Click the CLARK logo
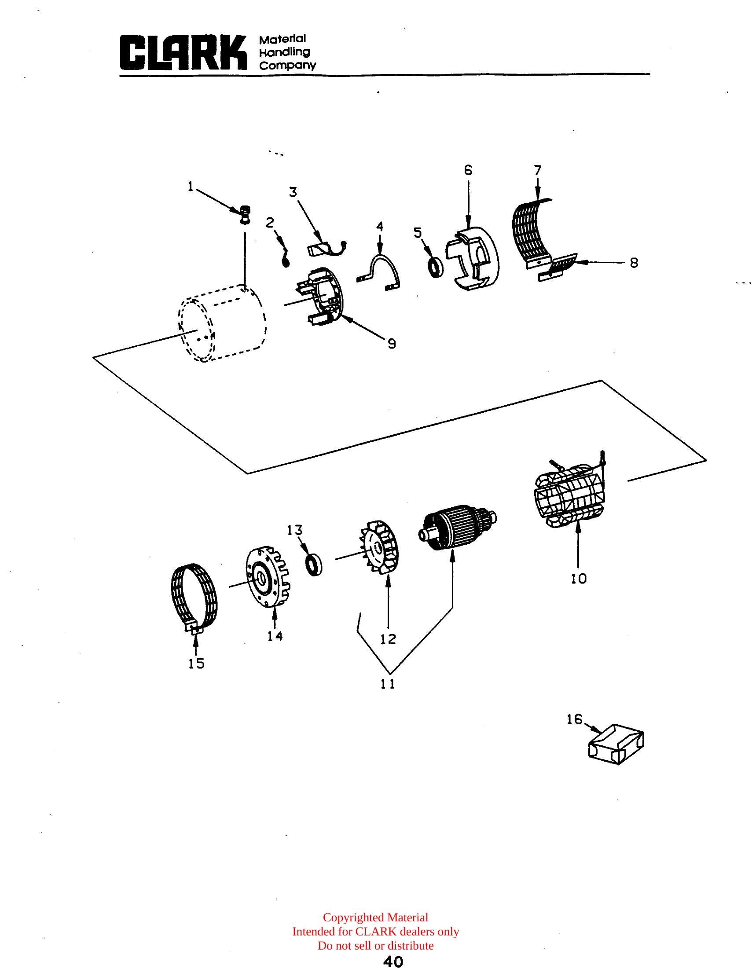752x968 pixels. coord(183,53)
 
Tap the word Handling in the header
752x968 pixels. coord(285,52)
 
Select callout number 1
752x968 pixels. coord(191,187)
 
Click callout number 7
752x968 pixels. coord(538,170)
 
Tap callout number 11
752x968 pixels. coord(388,684)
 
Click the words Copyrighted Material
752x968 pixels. coord(376,917)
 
